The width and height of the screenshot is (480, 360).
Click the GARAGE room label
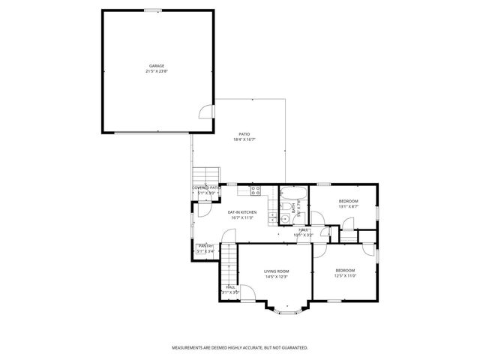(x=156, y=66)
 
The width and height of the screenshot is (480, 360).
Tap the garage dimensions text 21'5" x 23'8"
(x=156, y=72)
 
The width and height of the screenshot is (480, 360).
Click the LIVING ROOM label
(x=276, y=271)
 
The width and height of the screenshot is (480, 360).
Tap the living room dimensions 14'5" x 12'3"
(x=276, y=277)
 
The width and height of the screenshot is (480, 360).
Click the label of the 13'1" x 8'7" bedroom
(x=348, y=201)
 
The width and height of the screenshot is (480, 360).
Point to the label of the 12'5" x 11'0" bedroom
(x=345, y=270)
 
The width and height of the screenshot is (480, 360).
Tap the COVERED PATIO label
(x=206, y=187)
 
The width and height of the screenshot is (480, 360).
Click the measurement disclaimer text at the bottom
(x=240, y=348)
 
